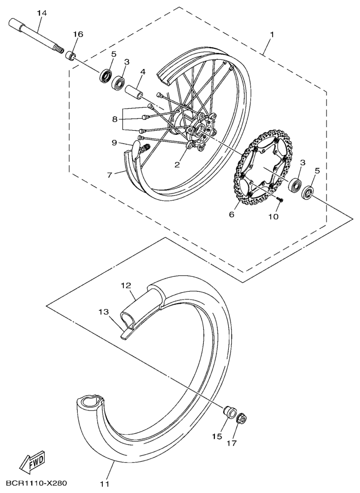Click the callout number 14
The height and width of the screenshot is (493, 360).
coord(42,12)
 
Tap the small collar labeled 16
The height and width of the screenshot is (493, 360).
coord(72,55)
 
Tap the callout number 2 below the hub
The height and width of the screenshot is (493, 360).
coord(177,165)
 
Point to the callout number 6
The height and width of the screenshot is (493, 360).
coord(231,214)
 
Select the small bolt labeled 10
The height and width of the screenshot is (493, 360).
coord(280,199)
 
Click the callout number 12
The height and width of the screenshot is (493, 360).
coord(127,285)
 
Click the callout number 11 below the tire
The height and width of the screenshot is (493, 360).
coord(105,483)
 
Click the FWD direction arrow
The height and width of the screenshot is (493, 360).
coord(32,461)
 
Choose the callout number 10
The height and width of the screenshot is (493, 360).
coord(273,217)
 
